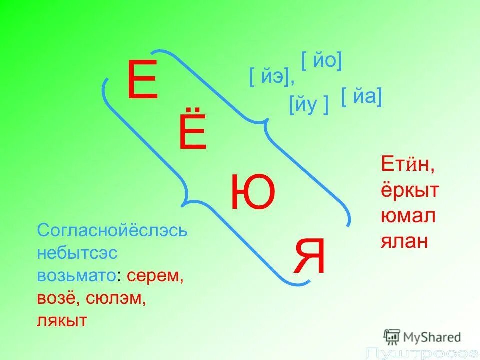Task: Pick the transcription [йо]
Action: pos(321,61)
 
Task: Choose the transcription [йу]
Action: pos(309,105)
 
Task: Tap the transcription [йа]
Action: pos(362,96)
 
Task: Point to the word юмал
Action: pos(408,216)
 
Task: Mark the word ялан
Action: pos(405,242)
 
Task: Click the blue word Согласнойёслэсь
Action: pos(112,231)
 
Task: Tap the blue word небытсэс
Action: pos(77,253)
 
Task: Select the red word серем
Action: pos(155,276)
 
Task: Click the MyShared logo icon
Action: pos(392,336)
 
